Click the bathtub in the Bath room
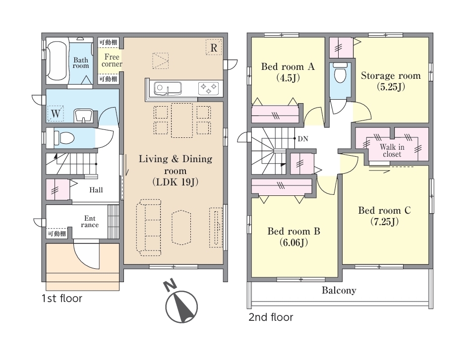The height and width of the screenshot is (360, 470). point(57,61)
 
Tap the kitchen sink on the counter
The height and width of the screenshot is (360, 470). point(168,88)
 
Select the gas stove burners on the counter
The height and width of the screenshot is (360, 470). point(208,88)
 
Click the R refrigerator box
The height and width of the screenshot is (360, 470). point(214,48)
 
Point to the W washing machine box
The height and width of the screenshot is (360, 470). point(56,113)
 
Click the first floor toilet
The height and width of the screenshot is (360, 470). point(64,138)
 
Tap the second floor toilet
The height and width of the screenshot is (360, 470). point(340,72)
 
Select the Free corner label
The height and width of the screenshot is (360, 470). point(112,60)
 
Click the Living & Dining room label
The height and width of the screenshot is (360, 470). point(176,165)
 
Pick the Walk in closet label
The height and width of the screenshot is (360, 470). point(392,150)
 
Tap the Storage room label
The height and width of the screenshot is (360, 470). point(391,75)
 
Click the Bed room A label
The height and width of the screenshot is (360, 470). point(288,66)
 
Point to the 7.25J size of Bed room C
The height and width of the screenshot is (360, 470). point(384,222)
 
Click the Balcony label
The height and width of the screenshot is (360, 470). point(339,290)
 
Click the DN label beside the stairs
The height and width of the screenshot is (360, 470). point(303,139)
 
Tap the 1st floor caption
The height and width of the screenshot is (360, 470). point(62,298)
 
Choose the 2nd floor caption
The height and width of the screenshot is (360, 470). point(271,317)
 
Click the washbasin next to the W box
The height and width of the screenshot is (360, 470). point(84,116)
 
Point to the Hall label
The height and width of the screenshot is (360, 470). point(96,190)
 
